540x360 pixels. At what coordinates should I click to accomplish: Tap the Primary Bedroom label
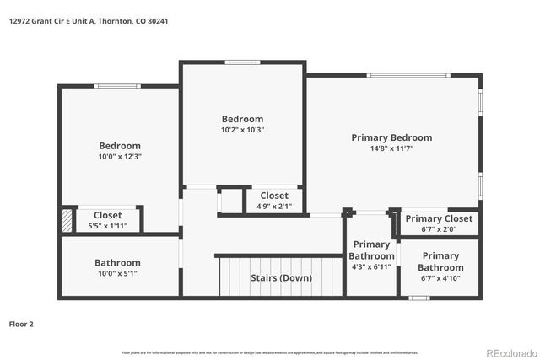point(391,137)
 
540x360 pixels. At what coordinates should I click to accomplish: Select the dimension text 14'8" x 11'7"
point(391,148)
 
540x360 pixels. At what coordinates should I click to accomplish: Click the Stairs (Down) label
point(281,277)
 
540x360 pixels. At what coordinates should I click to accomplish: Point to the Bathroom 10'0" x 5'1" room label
point(117,262)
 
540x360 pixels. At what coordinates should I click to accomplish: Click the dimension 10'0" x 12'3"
point(119,157)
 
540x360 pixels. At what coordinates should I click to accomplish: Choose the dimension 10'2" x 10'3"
point(242,130)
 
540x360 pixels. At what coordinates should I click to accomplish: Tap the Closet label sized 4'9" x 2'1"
point(273,196)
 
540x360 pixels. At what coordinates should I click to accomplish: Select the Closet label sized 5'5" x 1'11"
point(107,215)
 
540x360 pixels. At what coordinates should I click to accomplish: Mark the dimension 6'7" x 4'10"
point(440,267)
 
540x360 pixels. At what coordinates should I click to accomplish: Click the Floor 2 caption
point(21,323)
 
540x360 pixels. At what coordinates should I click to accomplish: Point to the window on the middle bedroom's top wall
point(242,62)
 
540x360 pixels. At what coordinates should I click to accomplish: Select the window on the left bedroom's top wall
point(111,85)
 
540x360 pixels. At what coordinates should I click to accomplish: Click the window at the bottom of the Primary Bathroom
point(419,298)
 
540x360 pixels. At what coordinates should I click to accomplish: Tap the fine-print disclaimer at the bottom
point(270,352)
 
